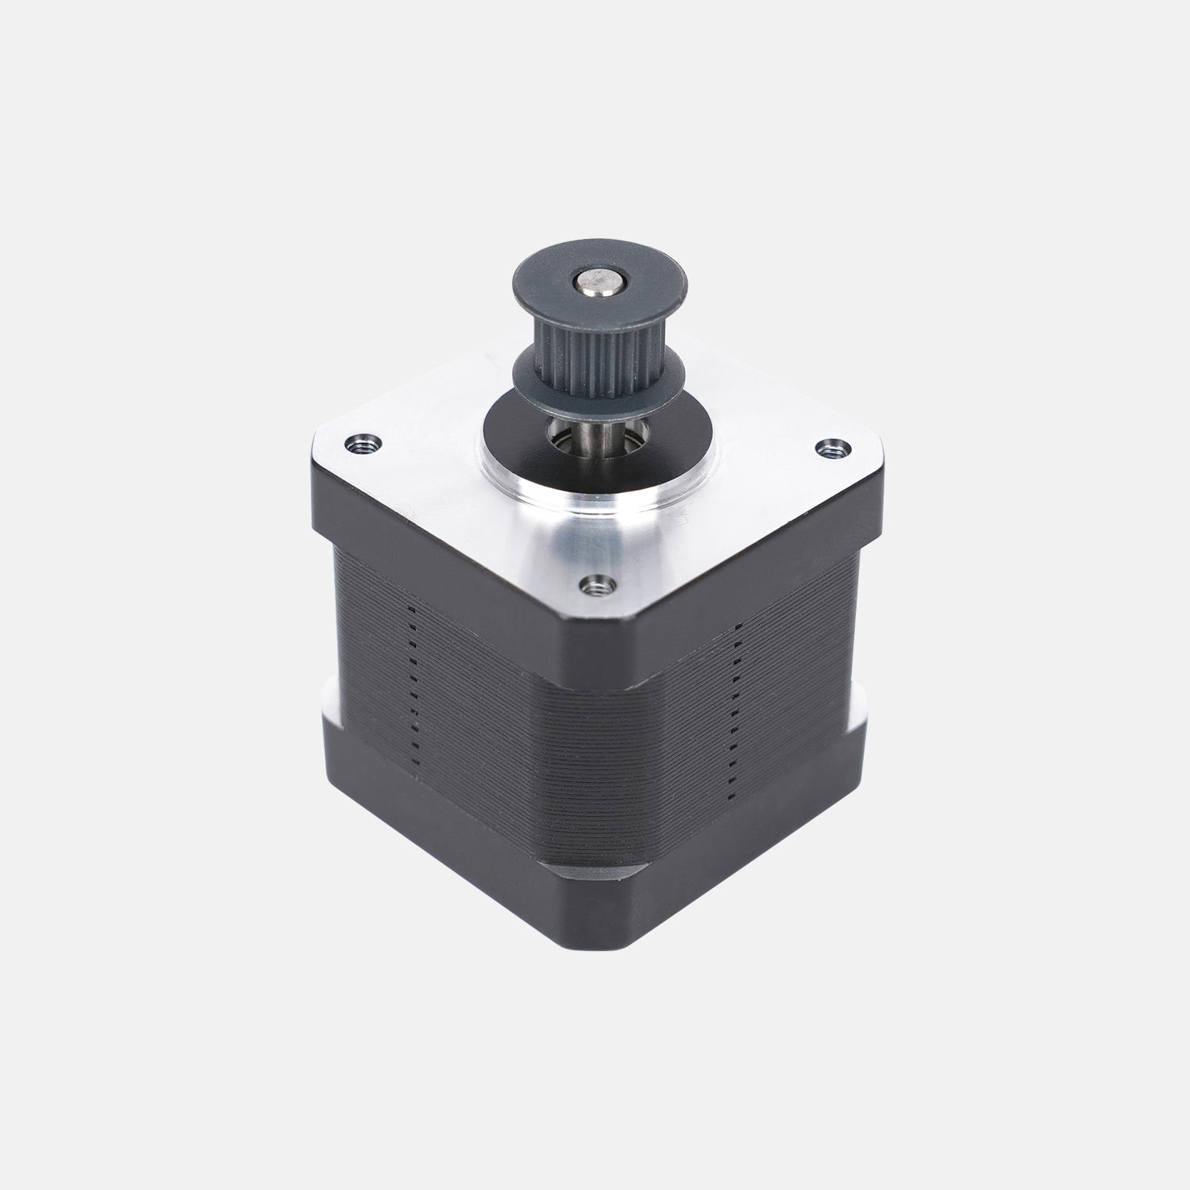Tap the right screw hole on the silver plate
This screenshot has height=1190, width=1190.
[x=830, y=449]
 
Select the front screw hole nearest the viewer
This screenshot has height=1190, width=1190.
[x=594, y=585]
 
